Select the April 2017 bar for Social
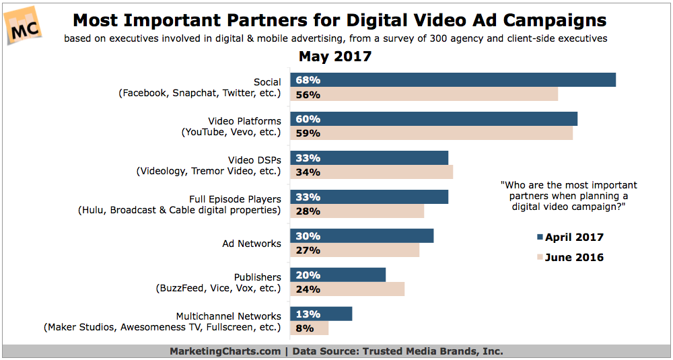pos(453,80)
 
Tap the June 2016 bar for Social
pos(424,95)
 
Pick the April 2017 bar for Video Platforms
pos(433,119)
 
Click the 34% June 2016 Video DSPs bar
pos(371,172)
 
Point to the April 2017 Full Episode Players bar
pos(369,197)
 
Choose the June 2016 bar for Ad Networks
pos(355,250)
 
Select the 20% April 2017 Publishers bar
pos(338,275)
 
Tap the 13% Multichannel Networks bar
pos(321,314)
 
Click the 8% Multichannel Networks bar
pos(310,328)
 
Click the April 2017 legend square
pos(539,237)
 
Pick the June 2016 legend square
pos(539,257)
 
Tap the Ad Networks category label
pos(251,243)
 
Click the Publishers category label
pos(257,277)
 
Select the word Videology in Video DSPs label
pos(162,171)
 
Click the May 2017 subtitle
pos(334,57)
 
